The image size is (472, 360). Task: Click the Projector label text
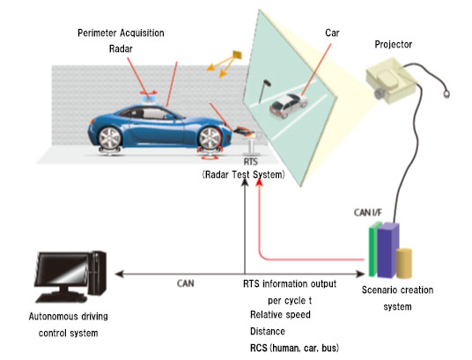pos(393,45)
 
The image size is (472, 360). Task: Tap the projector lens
pos(380,93)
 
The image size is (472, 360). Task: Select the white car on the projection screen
pos(288,106)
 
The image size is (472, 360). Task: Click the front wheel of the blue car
pos(210,139)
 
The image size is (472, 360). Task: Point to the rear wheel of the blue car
pos(109,138)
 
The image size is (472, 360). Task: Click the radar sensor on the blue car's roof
pos(149,98)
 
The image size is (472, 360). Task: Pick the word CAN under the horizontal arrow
pos(186,283)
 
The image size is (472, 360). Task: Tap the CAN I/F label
pos(367,212)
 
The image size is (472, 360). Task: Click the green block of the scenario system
pos(373,249)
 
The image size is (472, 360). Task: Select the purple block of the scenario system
pos(388,251)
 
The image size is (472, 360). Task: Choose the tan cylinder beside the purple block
pos(404,263)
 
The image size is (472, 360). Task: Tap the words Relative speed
pos(280,314)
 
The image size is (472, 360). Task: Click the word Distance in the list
pos(268,332)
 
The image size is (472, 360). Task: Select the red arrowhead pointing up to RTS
pos(260,182)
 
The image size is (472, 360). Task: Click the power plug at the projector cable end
pos(446,94)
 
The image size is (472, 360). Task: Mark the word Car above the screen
pos(332,33)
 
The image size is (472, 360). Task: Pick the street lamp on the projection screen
pos(264,92)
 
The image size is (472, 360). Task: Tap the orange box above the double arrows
pos(237,55)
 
